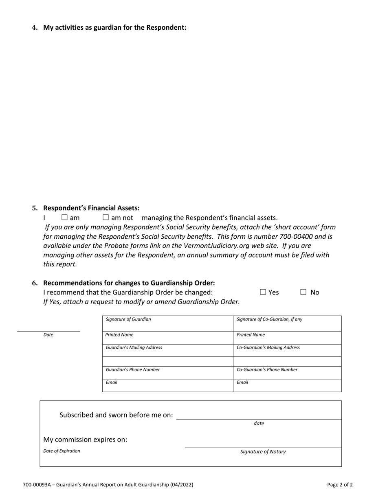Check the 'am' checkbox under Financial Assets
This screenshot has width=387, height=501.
[x=64, y=218]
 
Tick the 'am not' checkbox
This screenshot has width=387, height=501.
[x=106, y=218]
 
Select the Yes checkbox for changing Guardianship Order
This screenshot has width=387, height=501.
[x=263, y=292]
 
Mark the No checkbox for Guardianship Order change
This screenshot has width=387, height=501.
[x=303, y=292]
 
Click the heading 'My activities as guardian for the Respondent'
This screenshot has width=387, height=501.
[x=114, y=28]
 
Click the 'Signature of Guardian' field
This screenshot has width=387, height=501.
[x=167, y=323]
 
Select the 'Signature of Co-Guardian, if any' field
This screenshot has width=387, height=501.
[x=287, y=323]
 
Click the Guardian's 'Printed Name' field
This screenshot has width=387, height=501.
[x=167, y=338]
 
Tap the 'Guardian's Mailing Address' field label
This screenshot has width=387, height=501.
[x=134, y=347]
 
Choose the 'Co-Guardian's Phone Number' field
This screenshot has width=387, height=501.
[x=287, y=372]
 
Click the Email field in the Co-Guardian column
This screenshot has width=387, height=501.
[x=287, y=385]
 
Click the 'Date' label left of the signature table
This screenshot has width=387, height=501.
[x=48, y=335]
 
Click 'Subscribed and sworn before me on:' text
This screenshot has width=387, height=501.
[x=116, y=415]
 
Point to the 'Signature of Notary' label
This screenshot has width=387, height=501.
[x=263, y=452]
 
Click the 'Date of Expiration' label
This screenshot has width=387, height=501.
[x=62, y=451]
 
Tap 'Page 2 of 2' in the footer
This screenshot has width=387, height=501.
[x=340, y=485]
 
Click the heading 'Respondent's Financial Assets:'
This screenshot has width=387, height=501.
[x=91, y=208]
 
